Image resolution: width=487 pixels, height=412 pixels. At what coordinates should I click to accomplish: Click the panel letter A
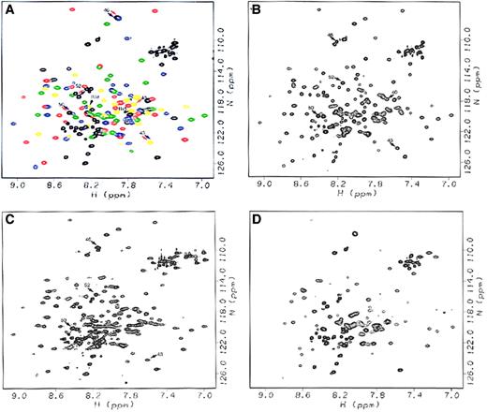(8, 8)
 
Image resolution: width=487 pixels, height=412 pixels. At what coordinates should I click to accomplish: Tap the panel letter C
(8, 216)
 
